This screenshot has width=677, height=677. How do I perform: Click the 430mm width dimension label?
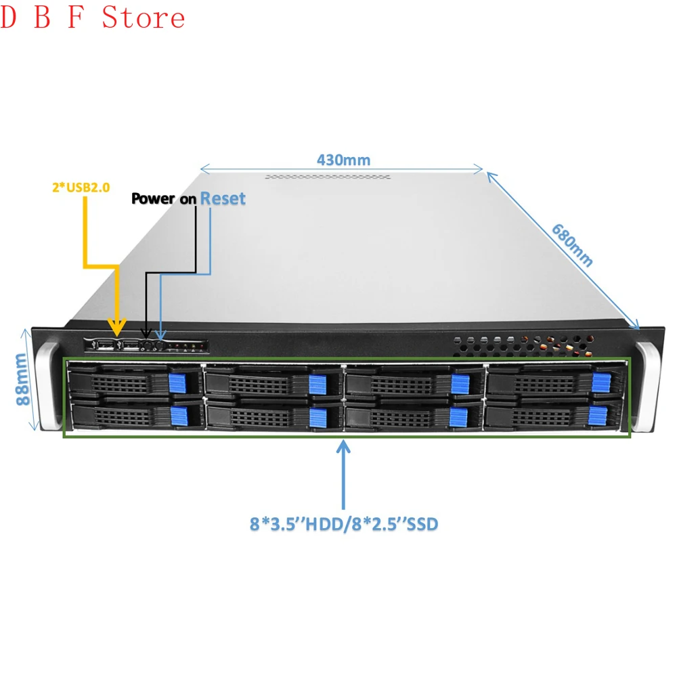click(343, 160)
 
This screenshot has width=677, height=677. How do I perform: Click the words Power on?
click(163, 199)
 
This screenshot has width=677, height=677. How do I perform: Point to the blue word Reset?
click(223, 198)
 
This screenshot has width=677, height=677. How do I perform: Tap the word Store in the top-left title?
click(144, 18)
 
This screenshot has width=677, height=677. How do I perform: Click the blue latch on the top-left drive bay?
click(179, 382)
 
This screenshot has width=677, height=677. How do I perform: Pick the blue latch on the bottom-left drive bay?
click(179, 416)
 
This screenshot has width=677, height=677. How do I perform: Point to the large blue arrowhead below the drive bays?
click(344, 448)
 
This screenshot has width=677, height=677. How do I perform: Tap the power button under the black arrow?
click(146, 345)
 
